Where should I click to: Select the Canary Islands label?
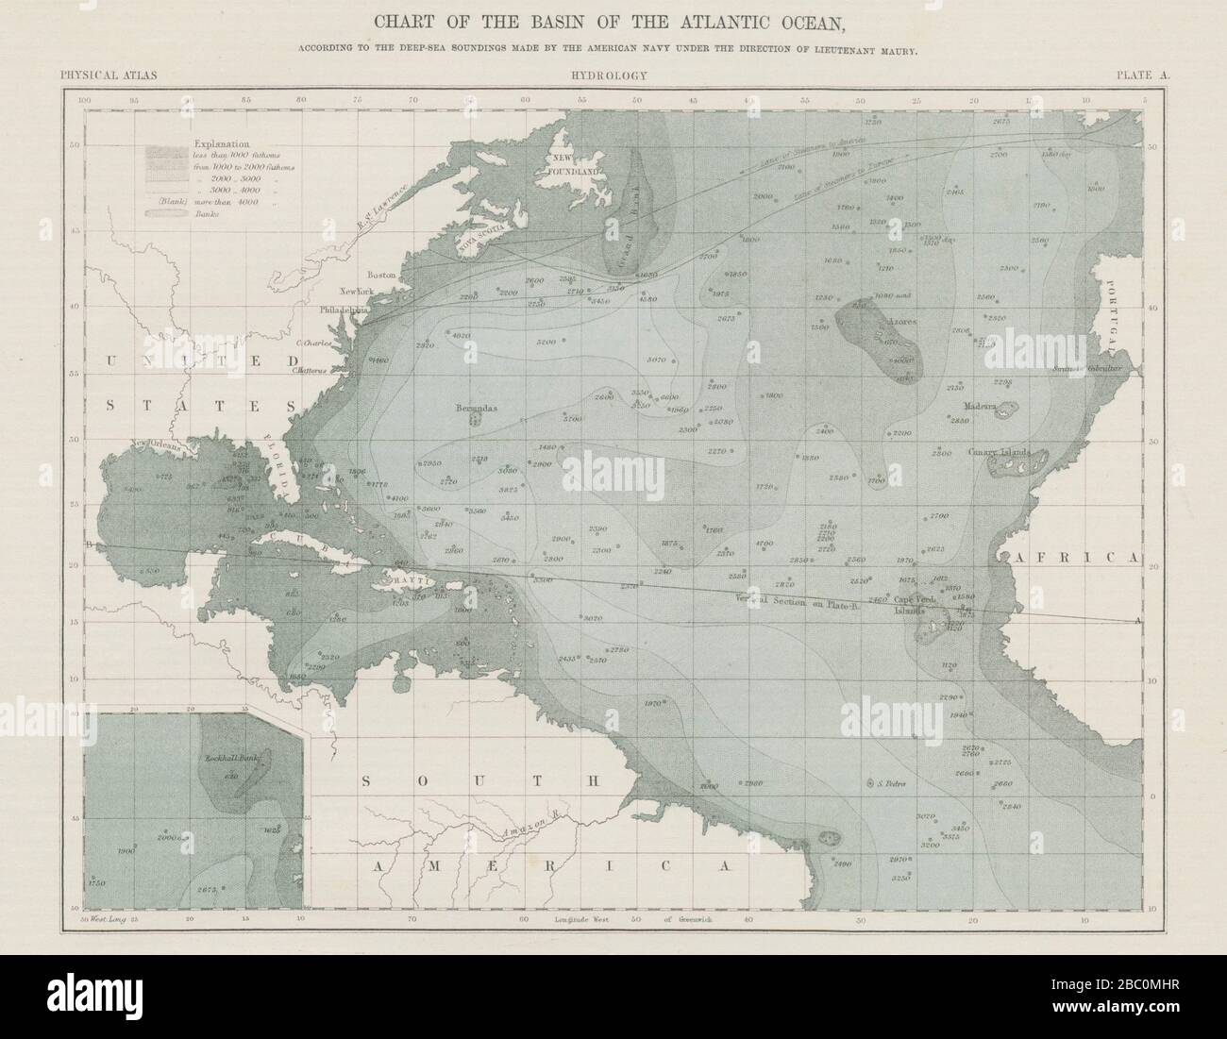[999, 452]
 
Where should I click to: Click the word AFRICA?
[1074, 558]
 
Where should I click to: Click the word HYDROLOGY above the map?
[608, 75]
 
